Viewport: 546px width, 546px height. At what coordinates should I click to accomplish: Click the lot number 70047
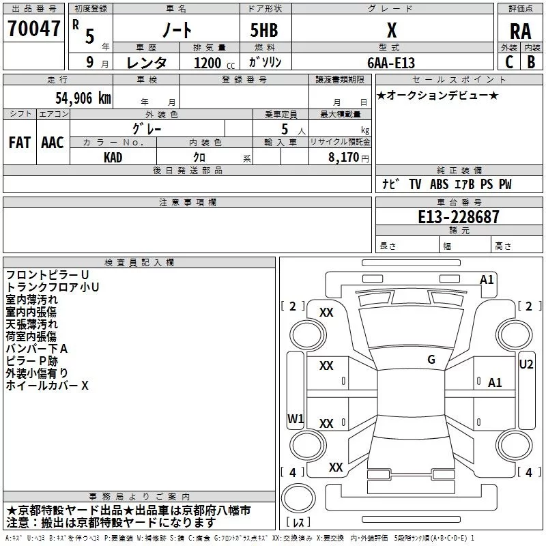click(33, 29)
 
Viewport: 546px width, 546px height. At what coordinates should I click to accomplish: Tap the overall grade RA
click(520, 31)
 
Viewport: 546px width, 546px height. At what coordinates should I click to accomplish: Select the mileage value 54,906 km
click(83, 98)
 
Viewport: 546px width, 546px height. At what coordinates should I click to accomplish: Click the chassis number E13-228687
click(459, 217)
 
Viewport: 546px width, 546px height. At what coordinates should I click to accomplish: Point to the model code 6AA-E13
click(391, 63)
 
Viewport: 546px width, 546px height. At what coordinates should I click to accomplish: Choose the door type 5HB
click(264, 30)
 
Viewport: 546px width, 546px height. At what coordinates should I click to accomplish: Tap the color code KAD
click(113, 158)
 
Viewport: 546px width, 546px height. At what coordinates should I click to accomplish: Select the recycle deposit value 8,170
click(343, 158)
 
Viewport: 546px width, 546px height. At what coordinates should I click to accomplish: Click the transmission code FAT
click(20, 143)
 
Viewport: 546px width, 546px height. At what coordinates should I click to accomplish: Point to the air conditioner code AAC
click(53, 143)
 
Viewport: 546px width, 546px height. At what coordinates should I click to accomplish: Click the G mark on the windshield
click(431, 360)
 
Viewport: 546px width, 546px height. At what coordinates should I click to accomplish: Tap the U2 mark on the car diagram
click(526, 364)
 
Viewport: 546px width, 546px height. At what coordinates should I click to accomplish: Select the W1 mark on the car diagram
click(296, 418)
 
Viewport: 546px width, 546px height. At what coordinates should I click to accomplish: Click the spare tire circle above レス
click(298, 498)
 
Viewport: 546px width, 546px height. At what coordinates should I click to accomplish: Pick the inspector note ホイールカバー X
click(47, 386)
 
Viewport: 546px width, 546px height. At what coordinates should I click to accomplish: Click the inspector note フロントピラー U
click(47, 275)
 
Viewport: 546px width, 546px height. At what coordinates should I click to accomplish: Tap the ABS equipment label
click(439, 184)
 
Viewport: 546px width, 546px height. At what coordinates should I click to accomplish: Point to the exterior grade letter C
click(509, 62)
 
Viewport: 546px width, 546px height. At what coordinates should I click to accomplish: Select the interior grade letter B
click(531, 62)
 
